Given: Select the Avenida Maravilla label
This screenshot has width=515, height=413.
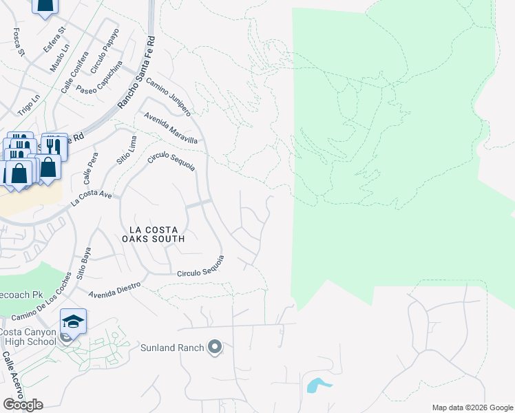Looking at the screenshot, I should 170,129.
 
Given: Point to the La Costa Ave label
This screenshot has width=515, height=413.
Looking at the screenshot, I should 91,200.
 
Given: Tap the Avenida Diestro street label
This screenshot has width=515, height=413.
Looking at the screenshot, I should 114,288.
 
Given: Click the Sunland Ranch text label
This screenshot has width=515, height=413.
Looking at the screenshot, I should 172,348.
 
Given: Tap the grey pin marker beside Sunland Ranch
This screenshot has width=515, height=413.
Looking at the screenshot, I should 216,347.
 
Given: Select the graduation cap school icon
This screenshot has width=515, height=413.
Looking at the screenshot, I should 73,321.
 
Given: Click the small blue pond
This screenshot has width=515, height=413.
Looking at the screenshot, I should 316,385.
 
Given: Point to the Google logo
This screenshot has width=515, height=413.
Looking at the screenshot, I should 22,404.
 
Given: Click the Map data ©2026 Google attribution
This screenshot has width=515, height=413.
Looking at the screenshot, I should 472,407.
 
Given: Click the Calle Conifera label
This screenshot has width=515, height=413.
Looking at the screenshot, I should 75,72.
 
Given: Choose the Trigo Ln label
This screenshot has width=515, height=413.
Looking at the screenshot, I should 28,105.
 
